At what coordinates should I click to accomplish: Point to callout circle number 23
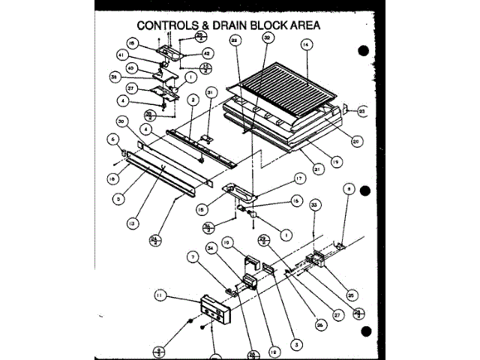pyautogui.click(x=362, y=111)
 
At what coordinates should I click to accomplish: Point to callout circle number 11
pyautogui.click(x=158, y=297)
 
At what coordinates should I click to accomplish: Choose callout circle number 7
pyautogui.click(x=193, y=256)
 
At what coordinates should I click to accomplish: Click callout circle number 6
pyautogui.click(x=113, y=139)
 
